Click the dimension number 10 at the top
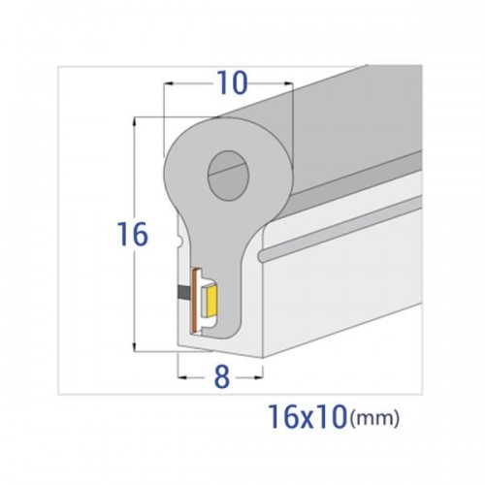coord(233,83)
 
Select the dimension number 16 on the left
coord(133,234)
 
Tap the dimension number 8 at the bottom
coord(222,377)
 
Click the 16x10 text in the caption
coord(307,417)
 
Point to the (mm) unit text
coord(374,418)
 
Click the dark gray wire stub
coord(184,294)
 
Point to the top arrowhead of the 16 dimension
coord(134,121)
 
